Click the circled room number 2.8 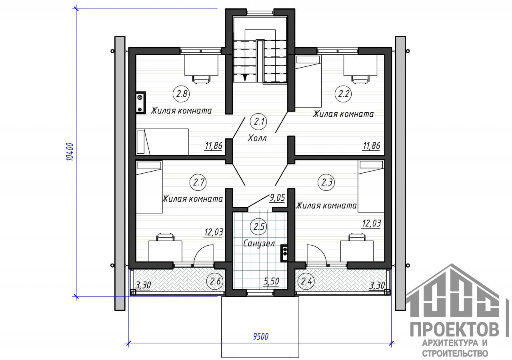(x=182, y=94)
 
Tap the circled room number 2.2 (x=343, y=94)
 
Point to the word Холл (x=257, y=138)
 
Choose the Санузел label (x=259, y=244)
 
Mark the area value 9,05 (x=277, y=198)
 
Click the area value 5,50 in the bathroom (x=271, y=281)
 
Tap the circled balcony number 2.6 (x=215, y=281)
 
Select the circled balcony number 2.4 (x=306, y=281)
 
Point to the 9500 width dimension (x=260, y=337)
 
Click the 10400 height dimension (x=70, y=152)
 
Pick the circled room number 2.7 (x=198, y=182)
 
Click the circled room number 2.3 (x=326, y=182)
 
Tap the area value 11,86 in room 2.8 (x=214, y=146)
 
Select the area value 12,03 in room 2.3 (x=372, y=223)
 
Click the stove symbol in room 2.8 (x=140, y=103)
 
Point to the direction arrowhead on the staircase (x=245, y=78)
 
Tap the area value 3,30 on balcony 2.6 (x=143, y=285)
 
